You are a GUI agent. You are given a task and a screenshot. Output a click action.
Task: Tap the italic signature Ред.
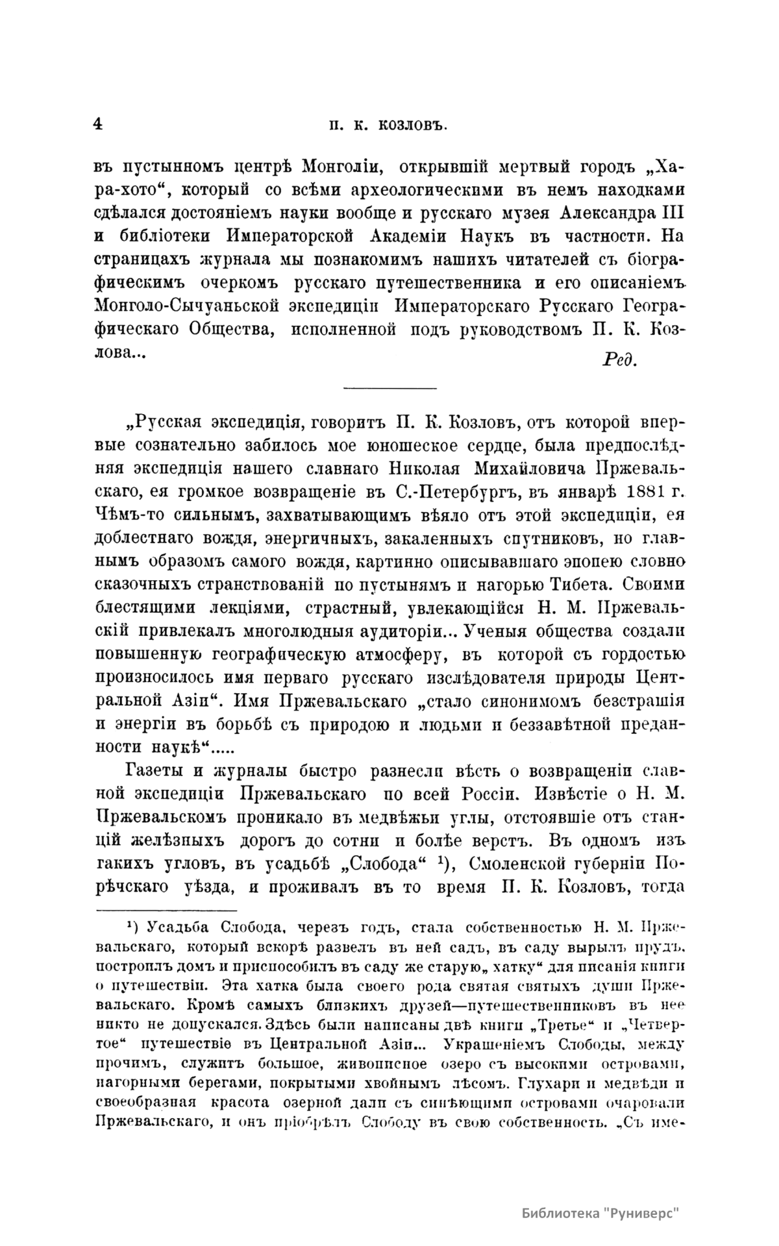[x=620, y=360]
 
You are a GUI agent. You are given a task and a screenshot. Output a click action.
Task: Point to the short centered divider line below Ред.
[x=389, y=389]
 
